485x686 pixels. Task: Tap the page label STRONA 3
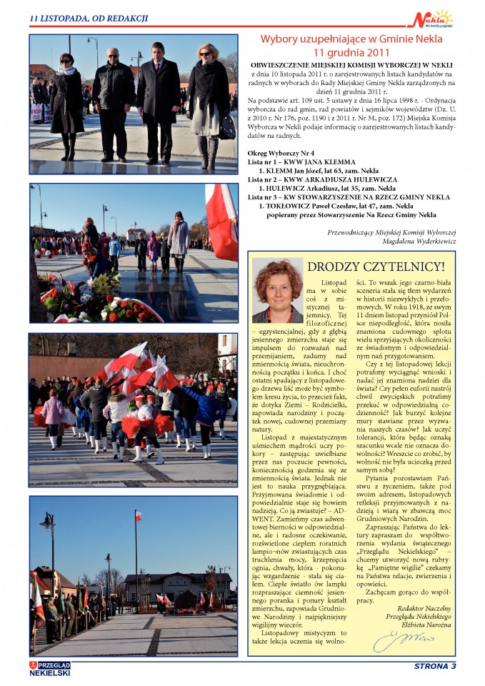pos(434,666)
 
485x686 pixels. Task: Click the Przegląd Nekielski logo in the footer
pos(50,668)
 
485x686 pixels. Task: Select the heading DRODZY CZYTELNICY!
pos(375,267)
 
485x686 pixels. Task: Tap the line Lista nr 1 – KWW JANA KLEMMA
pos(304,162)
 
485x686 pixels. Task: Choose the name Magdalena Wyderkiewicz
pos(417,242)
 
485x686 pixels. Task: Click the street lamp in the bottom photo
pos(49,529)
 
